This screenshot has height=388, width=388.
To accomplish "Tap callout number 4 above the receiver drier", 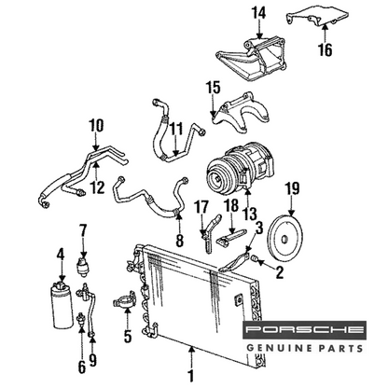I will click(x=62, y=252).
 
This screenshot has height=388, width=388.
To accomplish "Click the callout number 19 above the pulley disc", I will click(x=292, y=191).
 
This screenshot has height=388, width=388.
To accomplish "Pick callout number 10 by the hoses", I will click(x=95, y=125).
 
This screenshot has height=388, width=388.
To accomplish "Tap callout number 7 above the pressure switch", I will click(x=83, y=229).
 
